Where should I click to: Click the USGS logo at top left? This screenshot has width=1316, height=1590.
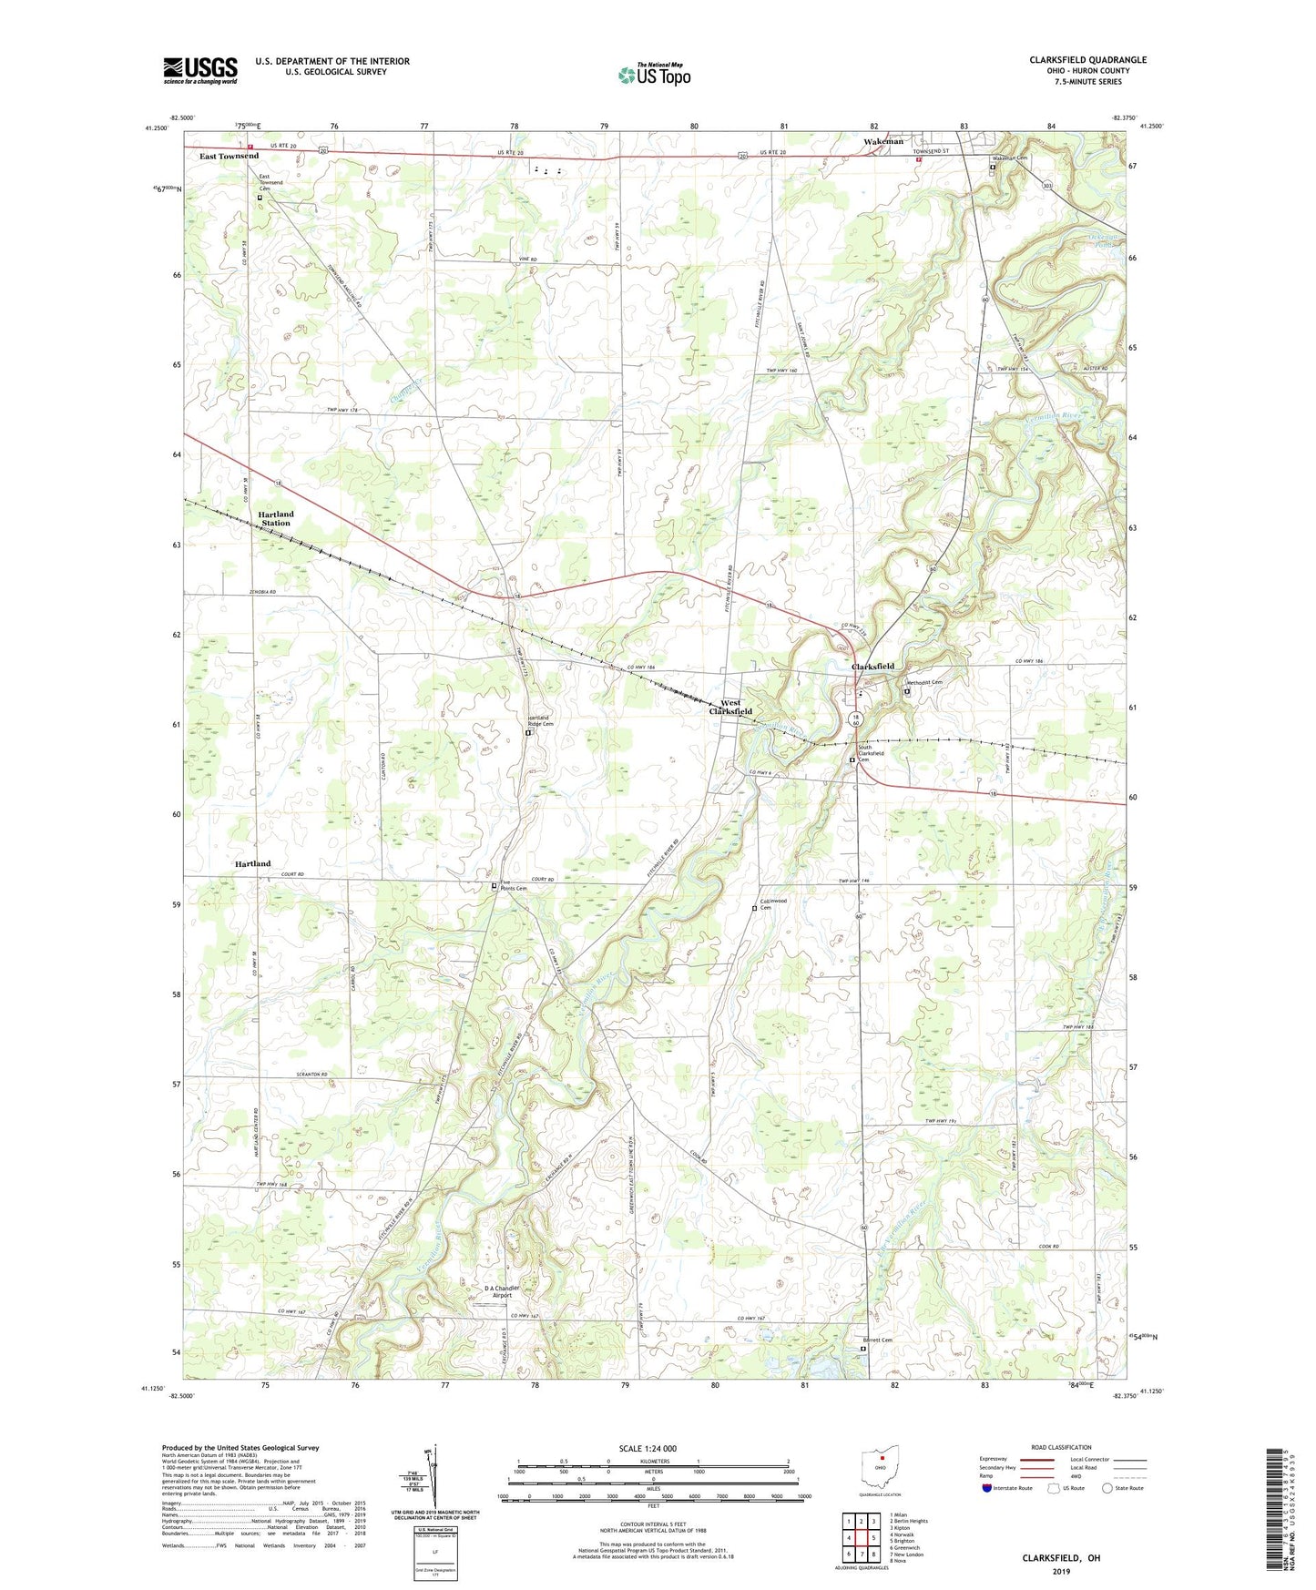[200, 70]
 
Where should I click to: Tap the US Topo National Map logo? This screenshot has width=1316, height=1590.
[654, 75]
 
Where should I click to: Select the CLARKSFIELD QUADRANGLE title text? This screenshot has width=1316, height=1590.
[1087, 60]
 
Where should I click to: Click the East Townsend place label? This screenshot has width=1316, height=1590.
[229, 157]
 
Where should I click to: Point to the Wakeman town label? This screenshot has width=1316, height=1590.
[882, 141]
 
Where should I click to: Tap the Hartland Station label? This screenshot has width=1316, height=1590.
[275, 518]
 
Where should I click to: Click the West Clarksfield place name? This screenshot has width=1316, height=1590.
[730, 707]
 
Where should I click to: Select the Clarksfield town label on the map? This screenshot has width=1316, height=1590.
[872, 667]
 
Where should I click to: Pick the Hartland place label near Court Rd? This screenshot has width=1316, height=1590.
[252, 863]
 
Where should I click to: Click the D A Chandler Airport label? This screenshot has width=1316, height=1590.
[502, 1291]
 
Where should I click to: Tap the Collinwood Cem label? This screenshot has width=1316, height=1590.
[772, 904]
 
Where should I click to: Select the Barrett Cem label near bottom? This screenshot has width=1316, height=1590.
[877, 1340]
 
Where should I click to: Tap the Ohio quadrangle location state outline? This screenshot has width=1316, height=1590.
[880, 1465]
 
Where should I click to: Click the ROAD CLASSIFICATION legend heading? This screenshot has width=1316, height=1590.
[1060, 1447]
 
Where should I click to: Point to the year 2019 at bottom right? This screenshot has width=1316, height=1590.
[1061, 1571]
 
